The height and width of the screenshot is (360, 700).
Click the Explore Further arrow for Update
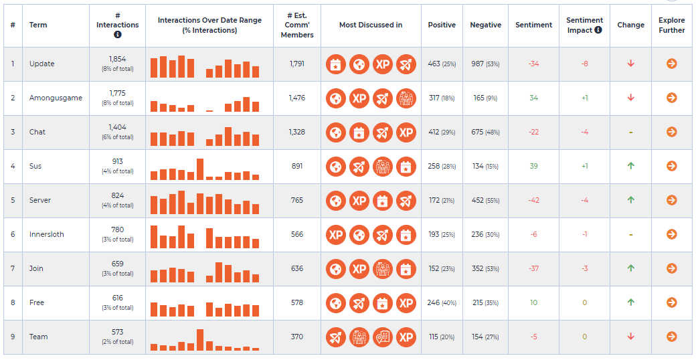[x=671, y=64]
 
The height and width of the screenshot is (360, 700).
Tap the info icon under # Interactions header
[x=117, y=34]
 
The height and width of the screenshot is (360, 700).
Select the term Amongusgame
[x=56, y=98]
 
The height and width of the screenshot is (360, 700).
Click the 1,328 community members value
[x=297, y=132]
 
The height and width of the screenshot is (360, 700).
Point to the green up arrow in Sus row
[x=631, y=166]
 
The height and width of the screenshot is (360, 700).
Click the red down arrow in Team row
[x=631, y=337]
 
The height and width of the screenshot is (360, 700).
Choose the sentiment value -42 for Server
[x=533, y=200]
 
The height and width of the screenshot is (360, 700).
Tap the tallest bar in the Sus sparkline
[x=200, y=169]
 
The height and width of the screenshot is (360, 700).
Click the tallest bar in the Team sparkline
[x=200, y=340]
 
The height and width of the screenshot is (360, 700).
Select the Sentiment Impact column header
[x=584, y=25]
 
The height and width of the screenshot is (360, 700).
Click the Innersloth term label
[x=46, y=234]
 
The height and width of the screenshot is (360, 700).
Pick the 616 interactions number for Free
[x=117, y=298]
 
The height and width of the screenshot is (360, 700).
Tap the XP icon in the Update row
[x=383, y=64]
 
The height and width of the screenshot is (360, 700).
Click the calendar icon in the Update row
[x=336, y=64]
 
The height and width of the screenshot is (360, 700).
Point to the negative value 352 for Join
[x=478, y=268]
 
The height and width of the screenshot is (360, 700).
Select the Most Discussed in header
[x=371, y=25]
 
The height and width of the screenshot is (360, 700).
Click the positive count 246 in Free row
[x=434, y=302]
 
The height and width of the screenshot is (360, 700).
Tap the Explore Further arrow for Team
[x=671, y=337]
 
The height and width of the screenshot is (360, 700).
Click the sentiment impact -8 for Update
[x=584, y=64]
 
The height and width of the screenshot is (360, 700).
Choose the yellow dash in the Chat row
[x=631, y=132]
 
